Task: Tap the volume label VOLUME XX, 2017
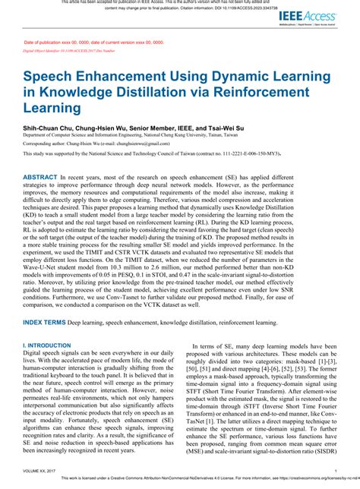click(43, 472)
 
